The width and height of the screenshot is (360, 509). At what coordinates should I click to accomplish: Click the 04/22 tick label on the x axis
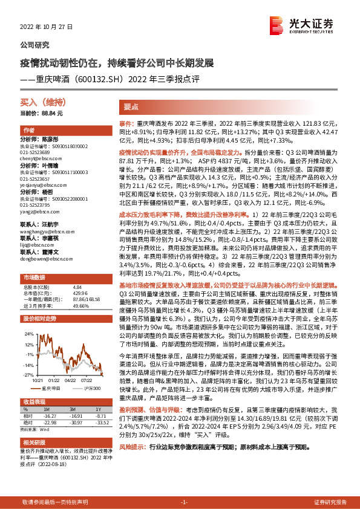pyautogui.click(x=70, y=380)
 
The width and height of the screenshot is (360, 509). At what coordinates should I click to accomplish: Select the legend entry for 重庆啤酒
pyautogui.click(x=50, y=387)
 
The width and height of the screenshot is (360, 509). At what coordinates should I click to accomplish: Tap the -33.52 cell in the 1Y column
pyautogui.click(x=100, y=422)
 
